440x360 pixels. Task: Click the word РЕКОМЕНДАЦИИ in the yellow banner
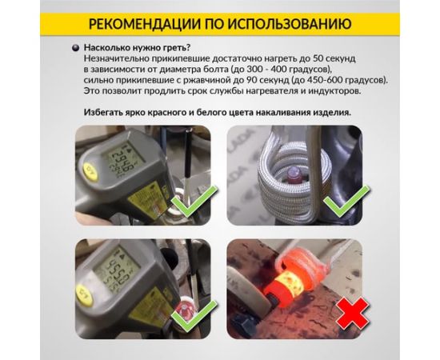pos(145,24)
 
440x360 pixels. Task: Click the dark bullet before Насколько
pos(75,48)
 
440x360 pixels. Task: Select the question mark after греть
pos(188,47)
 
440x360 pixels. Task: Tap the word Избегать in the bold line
pos(101,113)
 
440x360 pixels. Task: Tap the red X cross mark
pos(353,313)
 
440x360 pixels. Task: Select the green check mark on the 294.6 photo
pos(194,201)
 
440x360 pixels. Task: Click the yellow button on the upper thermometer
pos(90,171)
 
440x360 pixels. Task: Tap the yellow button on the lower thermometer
pos(85,295)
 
